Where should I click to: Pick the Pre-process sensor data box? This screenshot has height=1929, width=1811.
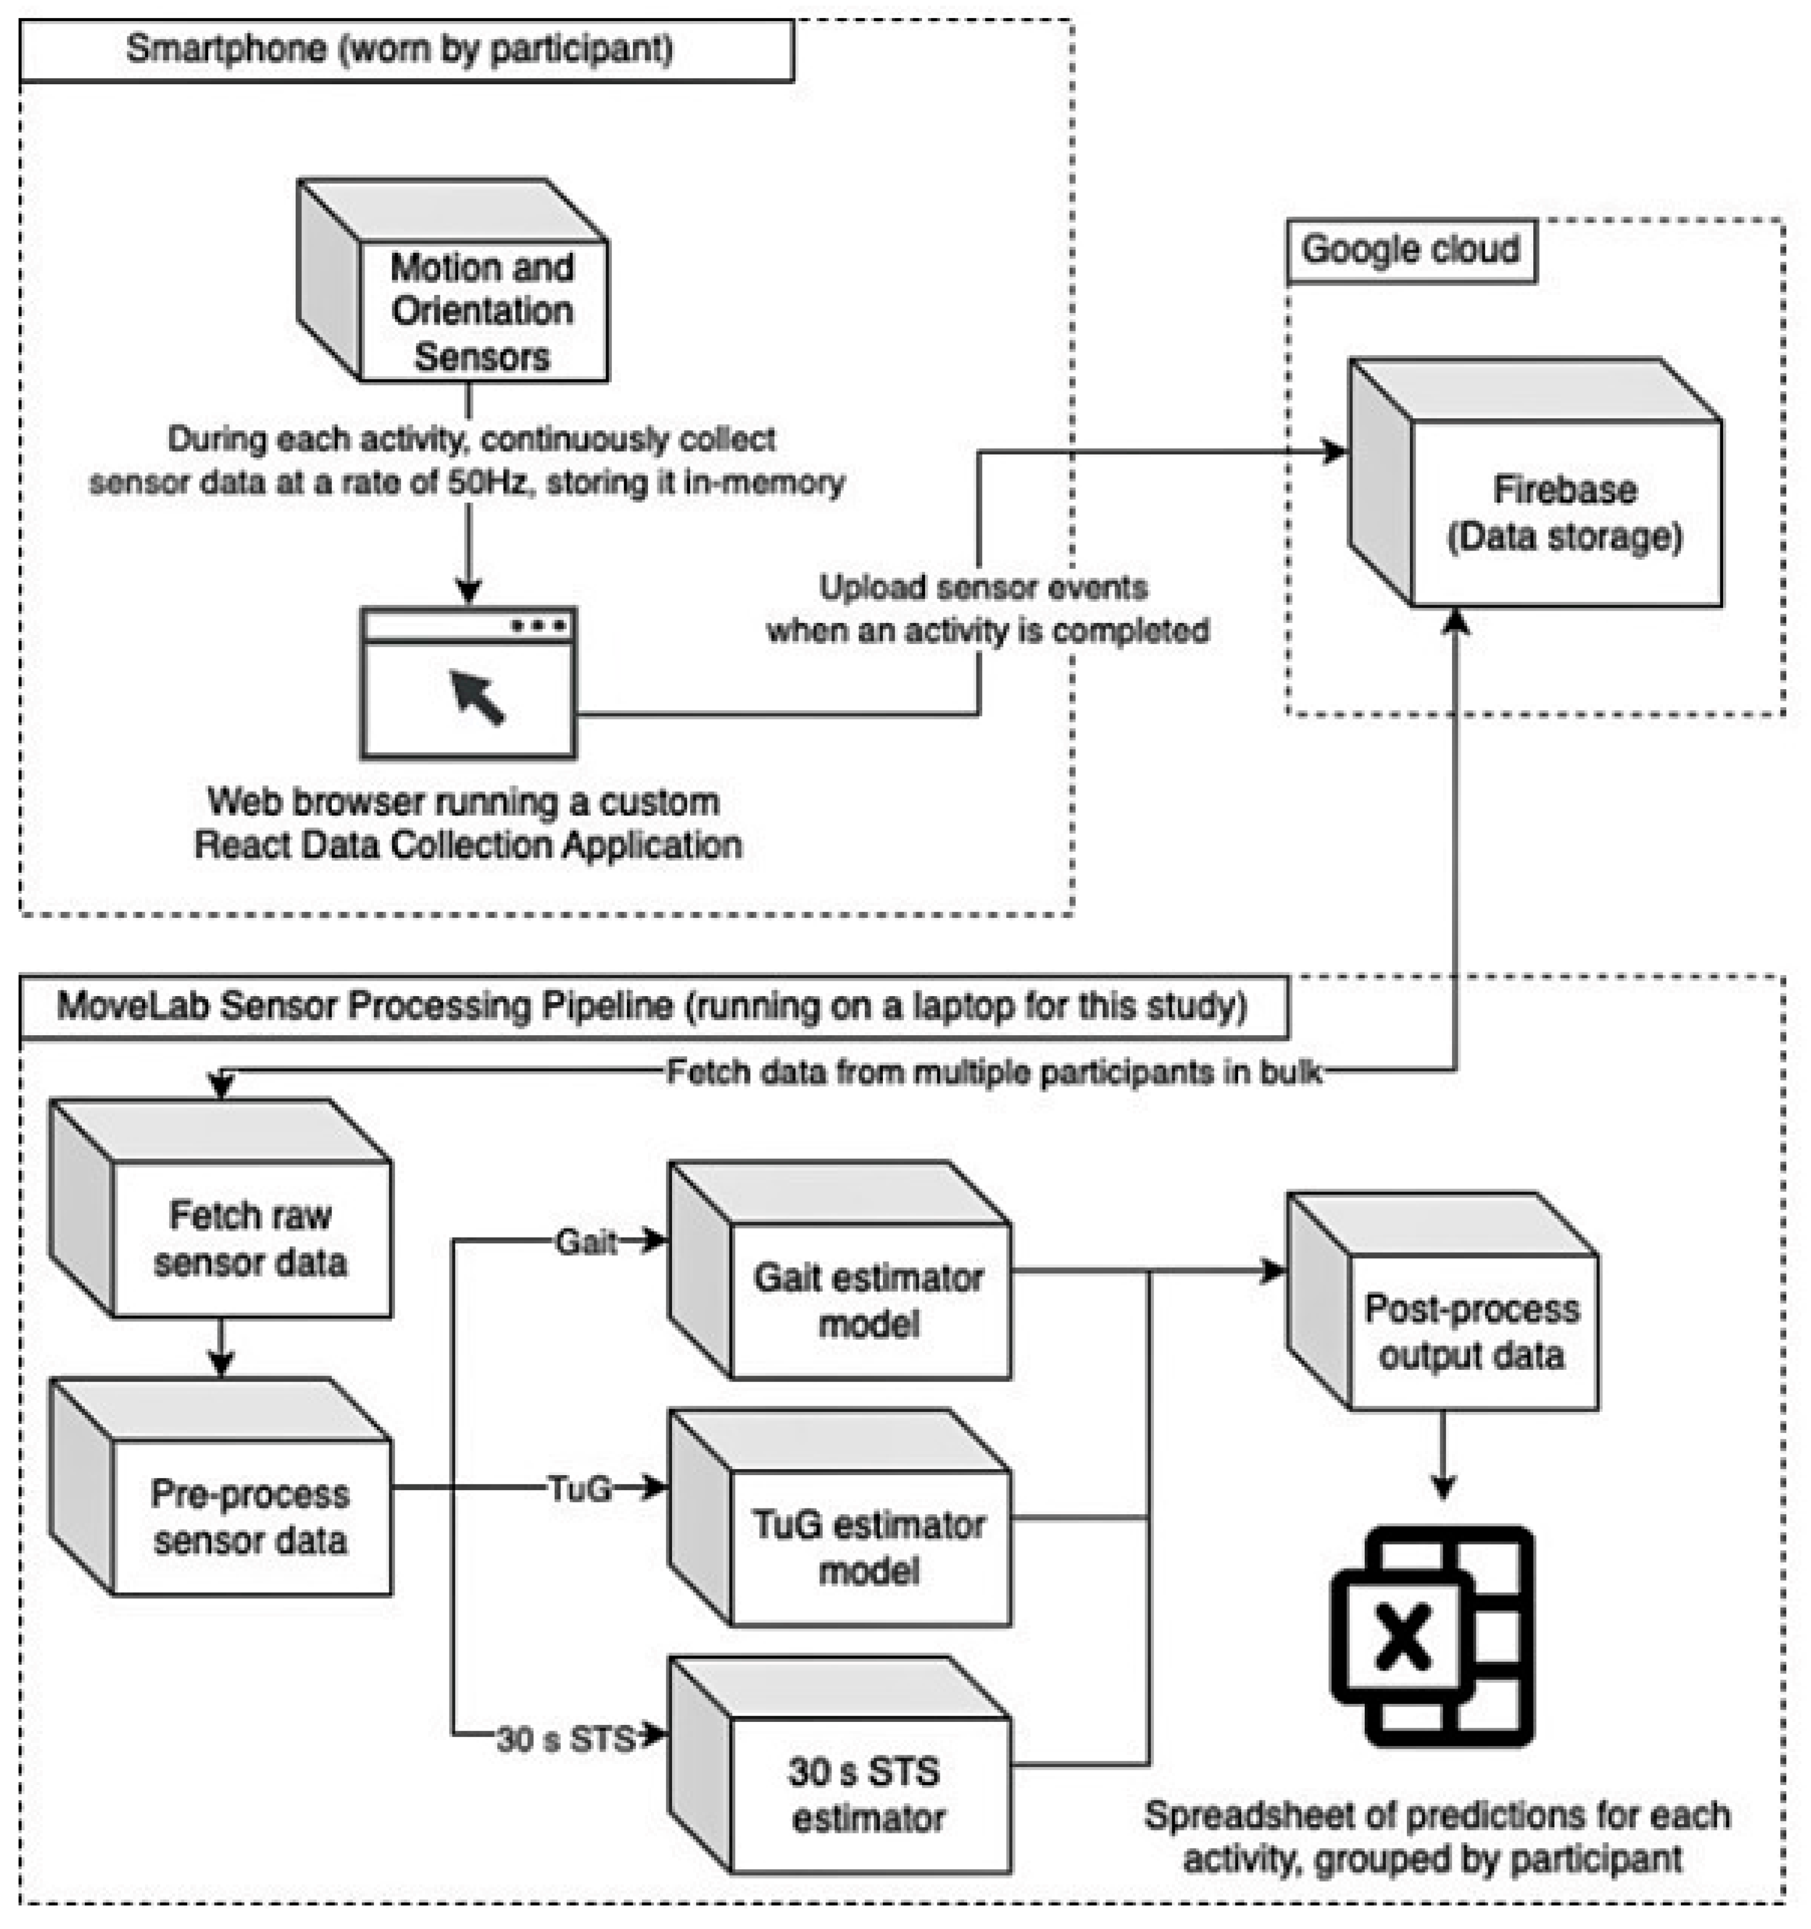coord(250,1517)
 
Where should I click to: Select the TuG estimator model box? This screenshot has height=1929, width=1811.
coord(868,1548)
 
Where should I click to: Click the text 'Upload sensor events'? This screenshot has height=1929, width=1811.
coord(983,587)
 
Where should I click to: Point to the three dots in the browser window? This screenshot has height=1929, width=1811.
coord(539,626)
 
